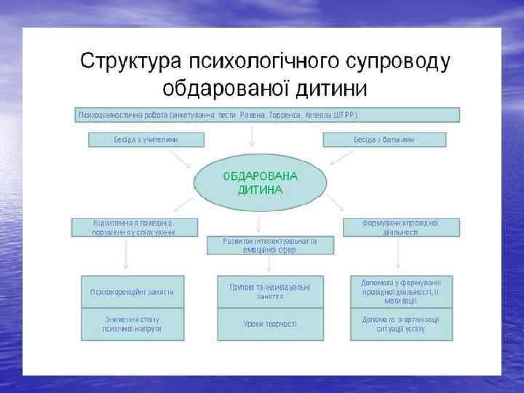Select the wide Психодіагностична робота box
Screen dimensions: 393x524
(269, 115)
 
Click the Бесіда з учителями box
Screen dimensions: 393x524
(146, 140)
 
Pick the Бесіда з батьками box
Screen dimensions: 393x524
(384, 140)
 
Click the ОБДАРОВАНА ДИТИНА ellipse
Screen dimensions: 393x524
(260, 183)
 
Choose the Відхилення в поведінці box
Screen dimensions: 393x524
(134, 227)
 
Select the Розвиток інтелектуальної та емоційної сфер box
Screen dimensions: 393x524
(270, 245)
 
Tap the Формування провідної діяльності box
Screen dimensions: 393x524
(400, 227)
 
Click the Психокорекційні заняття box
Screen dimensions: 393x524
(132, 291)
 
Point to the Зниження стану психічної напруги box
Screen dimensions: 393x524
(132, 324)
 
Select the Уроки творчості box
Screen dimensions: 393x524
(270, 324)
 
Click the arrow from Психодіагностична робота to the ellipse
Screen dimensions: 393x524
(252, 135)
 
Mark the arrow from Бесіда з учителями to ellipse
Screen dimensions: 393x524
(181, 158)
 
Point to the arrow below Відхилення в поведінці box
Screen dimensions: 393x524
(127, 254)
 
